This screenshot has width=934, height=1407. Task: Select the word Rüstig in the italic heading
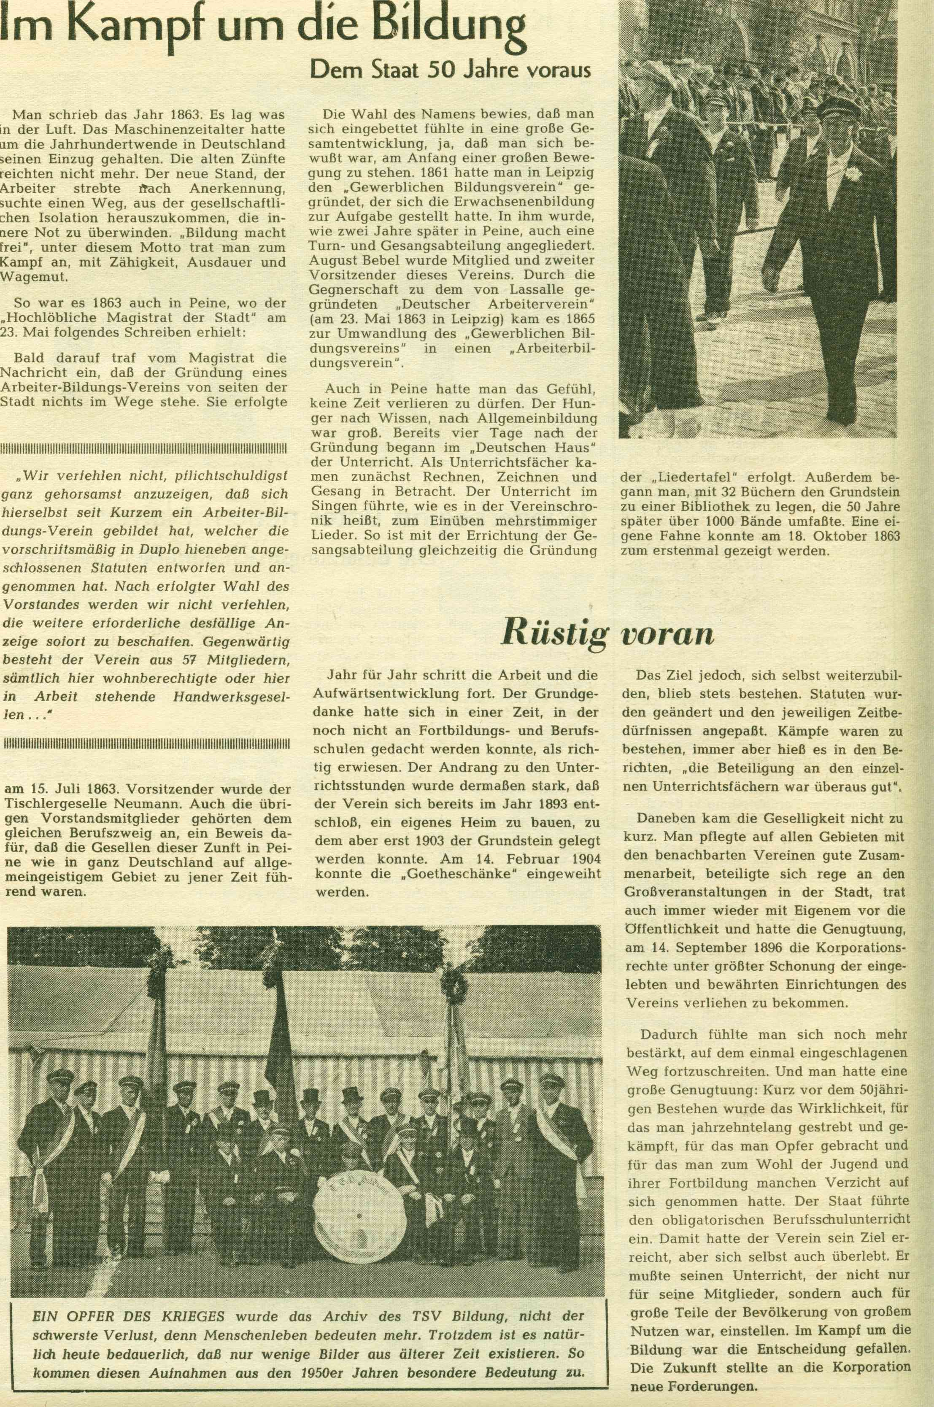click(554, 632)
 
